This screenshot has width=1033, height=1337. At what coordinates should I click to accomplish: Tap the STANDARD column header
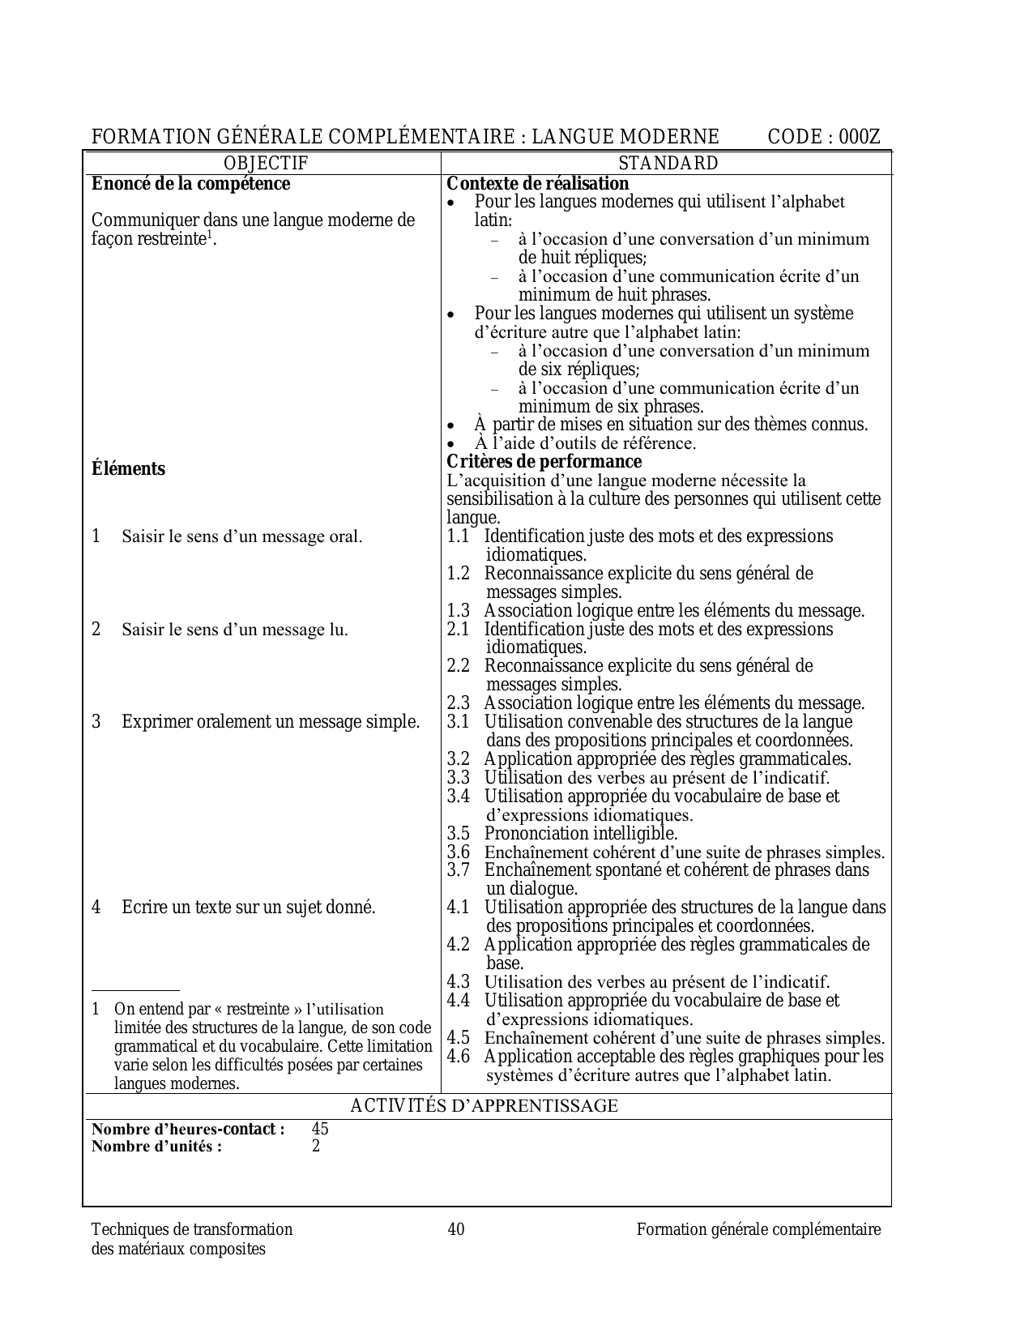click(668, 163)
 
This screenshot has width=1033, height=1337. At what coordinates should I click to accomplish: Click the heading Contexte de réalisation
click(538, 184)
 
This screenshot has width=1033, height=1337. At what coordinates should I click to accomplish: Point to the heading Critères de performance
click(544, 462)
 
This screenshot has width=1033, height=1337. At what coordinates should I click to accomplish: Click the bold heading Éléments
click(128, 469)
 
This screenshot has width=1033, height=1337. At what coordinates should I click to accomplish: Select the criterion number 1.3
click(459, 611)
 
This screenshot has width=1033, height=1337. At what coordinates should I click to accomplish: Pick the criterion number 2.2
click(459, 666)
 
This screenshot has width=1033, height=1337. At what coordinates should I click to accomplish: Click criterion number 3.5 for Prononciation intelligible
click(459, 834)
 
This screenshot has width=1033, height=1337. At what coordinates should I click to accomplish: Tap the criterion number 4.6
click(459, 1057)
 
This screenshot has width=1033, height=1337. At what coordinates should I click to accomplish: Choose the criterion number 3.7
click(459, 870)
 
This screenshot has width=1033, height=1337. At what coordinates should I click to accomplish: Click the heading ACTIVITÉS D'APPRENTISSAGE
click(484, 1106)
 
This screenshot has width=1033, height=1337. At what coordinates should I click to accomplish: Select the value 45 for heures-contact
click(320, 1129)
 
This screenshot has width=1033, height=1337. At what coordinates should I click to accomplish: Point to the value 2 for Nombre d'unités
click(316, 1146)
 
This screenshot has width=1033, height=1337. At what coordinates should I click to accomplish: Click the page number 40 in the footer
click(456, 1229)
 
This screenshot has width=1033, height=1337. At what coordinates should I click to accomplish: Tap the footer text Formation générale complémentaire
click(758, 1229)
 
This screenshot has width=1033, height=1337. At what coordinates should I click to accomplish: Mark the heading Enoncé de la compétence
click(190, 184)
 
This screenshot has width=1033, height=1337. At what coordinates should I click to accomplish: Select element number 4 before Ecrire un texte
click(96, 908)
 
